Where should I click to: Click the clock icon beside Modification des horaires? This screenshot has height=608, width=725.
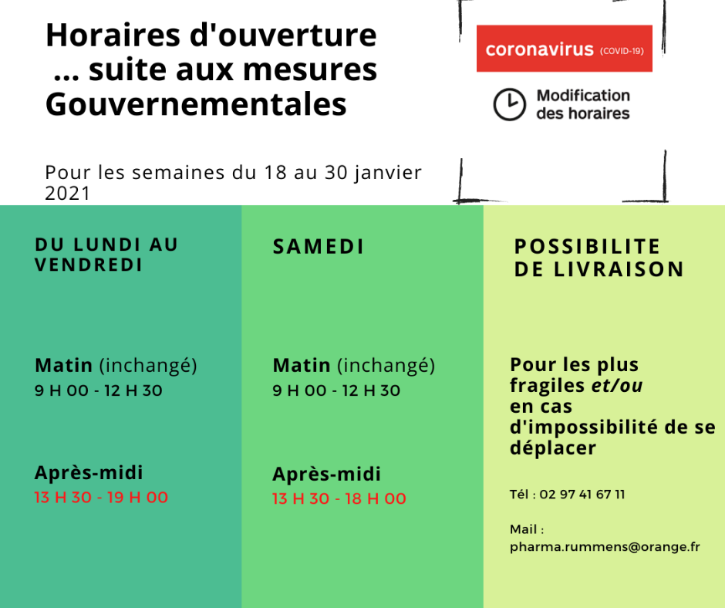(509, 105)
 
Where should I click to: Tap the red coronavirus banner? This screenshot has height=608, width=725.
(564, 49)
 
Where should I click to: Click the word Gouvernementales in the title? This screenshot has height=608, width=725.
(196, 104)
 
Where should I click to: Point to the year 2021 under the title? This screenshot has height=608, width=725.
(68, 193)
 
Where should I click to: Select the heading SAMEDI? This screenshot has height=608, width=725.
(319, 247)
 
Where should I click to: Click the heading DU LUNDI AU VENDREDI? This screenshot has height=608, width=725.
(106, 255)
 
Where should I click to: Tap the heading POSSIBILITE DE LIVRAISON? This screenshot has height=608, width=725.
(599, 258)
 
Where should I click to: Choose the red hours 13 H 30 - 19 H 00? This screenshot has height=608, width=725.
(101, 498)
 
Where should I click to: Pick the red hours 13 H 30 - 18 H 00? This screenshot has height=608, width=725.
(339, 499)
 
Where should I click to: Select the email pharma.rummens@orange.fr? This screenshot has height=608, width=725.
(605, 547)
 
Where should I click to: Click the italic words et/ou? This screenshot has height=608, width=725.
(616, 386)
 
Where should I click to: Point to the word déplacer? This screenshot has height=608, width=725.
(553, 448)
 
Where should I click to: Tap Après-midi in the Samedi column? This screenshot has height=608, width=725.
(327, 474)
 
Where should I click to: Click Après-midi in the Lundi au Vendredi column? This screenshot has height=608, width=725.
(89, 472)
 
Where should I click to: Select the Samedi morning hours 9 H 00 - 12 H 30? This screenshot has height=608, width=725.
(336, 390)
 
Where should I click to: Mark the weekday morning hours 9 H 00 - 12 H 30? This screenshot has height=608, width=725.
(99, 390)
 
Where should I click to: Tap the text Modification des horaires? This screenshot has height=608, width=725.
(583, 105)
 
